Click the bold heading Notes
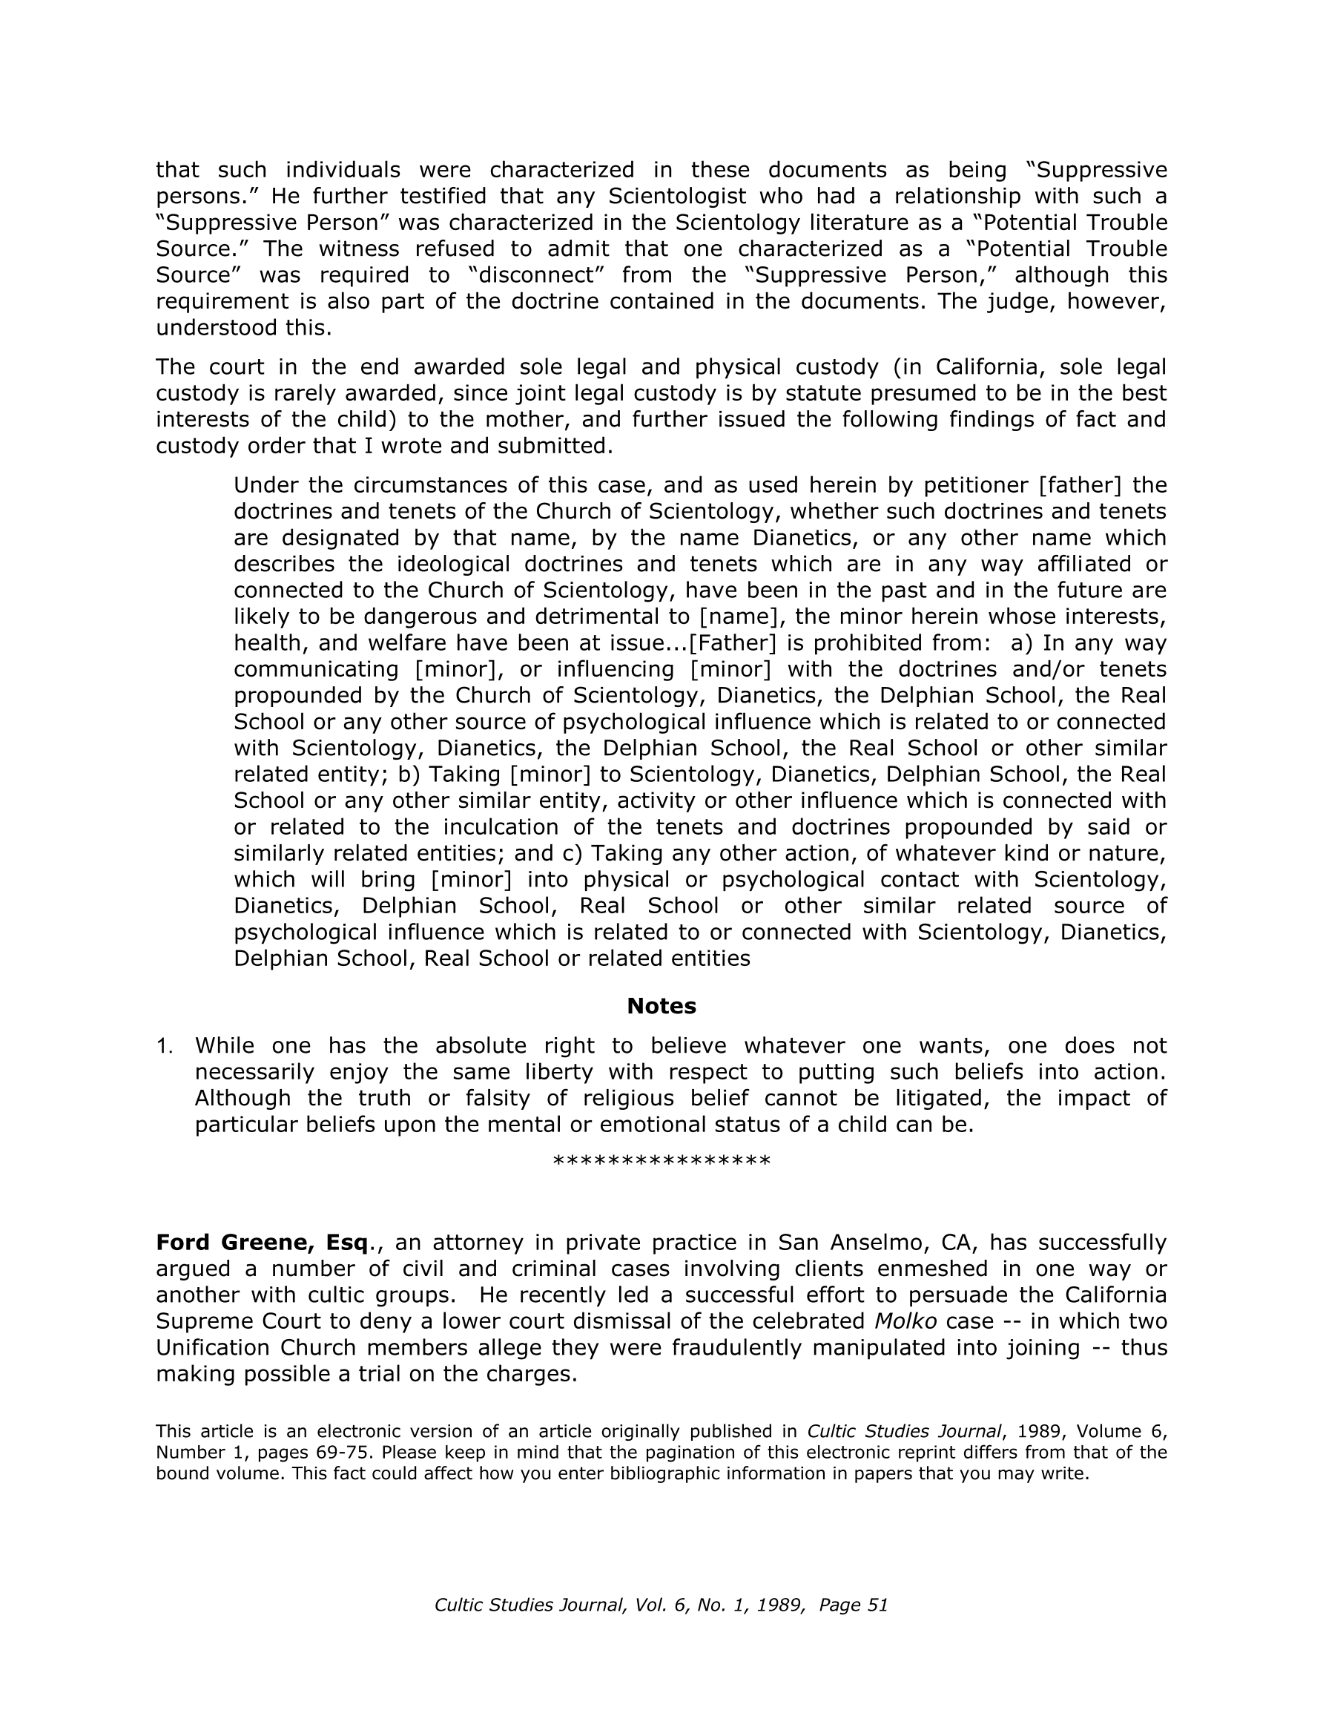tap(661, 1006)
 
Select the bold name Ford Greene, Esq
tap(262, 1243)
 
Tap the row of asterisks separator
tap(661, 1162)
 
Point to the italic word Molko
tap(905, 1321)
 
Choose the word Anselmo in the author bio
tap(875, 1243)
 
